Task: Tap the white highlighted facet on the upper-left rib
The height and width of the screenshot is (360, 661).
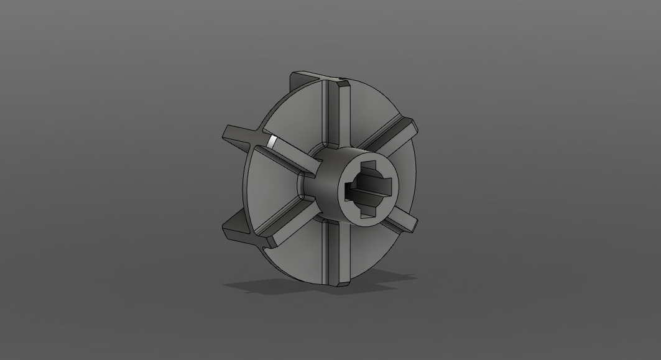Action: (272, 141)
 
